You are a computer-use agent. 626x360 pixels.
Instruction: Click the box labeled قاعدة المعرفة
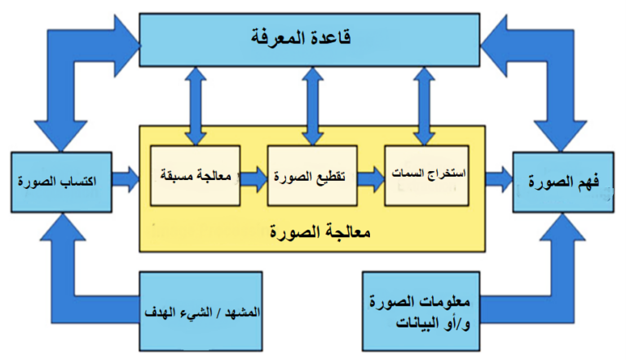pyautogui.click(x=310, y=40)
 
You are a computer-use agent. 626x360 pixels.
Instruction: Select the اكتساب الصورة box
pyautogui.click(x=61, y=182)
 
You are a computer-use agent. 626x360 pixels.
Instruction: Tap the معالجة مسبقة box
pyautogui.click(x=196, y=176)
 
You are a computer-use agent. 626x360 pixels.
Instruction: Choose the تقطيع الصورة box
pyautogui.click(x=312, y=176)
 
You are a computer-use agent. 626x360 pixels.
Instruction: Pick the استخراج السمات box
pyautogui.click(x=427, y=176)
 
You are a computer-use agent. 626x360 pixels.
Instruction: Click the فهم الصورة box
pyautogui.click(x=563, y=182)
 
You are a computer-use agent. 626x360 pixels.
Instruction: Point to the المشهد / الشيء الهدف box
pyautogui.click(x=201, y=311)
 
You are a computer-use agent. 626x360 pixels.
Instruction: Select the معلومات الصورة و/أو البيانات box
pyautogui.click(x=421, y=311)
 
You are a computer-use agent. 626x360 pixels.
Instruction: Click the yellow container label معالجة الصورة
pyautogui.click(x=320, y=231)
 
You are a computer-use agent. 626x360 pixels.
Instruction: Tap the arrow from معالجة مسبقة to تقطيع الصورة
pyautogui.click(x=254, y=179)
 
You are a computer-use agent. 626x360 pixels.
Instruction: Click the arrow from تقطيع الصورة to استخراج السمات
pyautogui.click(x=371, y=179)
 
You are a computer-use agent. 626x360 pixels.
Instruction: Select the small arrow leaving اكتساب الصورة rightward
pyautogui.click(x=126, y=179)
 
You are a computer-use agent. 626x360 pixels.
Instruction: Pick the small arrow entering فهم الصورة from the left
pyautogui.click(x=499, y=179)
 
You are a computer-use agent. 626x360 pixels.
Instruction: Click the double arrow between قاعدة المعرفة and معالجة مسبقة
pyautogui.click(x=196, y=106)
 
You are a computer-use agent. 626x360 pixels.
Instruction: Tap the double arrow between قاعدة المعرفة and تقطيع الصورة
pyautogui.click(x=313, y=106)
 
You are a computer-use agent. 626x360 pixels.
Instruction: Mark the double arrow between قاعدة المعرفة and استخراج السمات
pyautogui.click(x=424, y=106)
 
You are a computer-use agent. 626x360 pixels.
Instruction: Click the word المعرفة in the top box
pyautogui.click(x=279, y=37)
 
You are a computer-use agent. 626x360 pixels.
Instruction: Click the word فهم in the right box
pyautogui.click(x=587, y=182)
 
